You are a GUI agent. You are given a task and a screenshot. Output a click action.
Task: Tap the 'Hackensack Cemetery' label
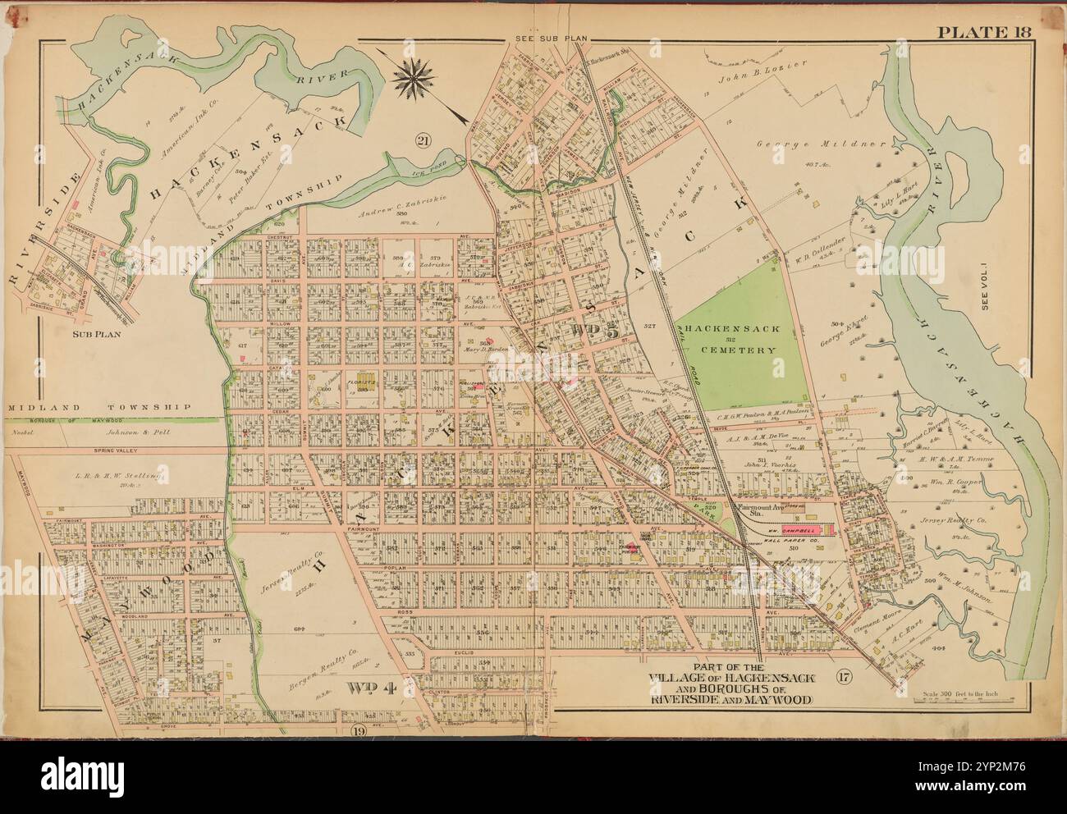pyautogui.click(x=730, y=338)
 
